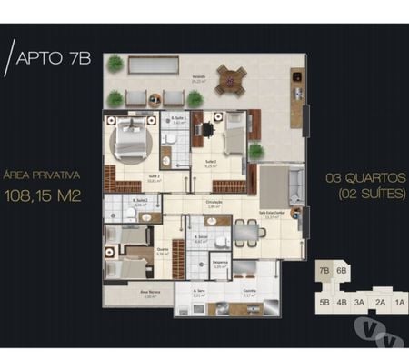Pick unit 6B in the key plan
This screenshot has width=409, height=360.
tap(342, 271)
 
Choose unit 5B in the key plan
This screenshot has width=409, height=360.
tap(324, 303)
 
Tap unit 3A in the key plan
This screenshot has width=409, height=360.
tap(360, 303)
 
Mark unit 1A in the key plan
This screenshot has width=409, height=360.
tap(399, 303)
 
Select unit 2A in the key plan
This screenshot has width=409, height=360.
tap(380, 303)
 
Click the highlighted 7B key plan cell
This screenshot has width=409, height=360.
tap(324, 271)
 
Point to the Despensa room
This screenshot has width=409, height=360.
tap(219, 265)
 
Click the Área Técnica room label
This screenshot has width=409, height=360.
tap(125, 293)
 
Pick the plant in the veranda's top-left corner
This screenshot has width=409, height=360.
tap(115, 65)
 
